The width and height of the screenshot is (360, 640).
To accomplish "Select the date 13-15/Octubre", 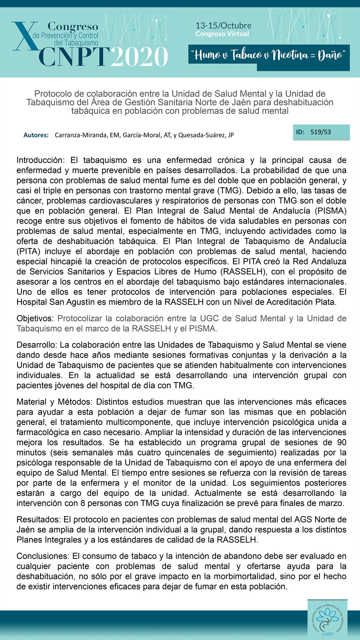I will [x=223, y=25].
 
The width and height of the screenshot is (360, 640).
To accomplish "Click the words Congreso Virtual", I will [x=222, y=34].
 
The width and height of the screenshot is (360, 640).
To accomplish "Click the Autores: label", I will [x=36, y=135].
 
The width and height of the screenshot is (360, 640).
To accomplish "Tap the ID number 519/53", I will [x=321, y=132].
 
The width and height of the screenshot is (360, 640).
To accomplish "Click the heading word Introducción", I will [x=40, y=160].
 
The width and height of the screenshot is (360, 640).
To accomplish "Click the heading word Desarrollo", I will [x=37, y=345].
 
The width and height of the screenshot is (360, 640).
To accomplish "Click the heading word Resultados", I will [x=38, y=520].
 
